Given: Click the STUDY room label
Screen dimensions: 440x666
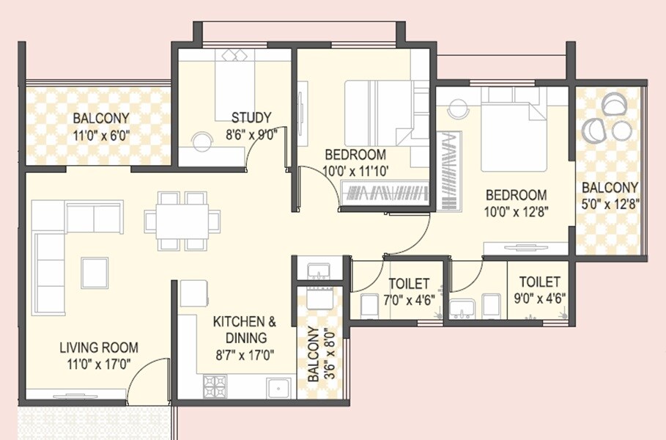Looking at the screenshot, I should tap(251, 117).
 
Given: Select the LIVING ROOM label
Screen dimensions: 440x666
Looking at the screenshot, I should tap(98, 348).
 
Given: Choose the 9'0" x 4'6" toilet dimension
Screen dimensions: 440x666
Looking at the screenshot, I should tap(539, 298).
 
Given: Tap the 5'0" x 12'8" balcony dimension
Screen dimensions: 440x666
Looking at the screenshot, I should tap(610, 205).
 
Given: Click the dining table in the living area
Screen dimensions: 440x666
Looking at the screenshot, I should tap(182, 220).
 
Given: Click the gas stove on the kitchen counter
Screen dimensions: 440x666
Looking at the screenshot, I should tap(215, 385).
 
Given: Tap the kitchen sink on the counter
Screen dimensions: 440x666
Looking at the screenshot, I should tap(278, 386).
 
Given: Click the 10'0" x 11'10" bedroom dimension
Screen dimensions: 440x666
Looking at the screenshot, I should tap(355, 172).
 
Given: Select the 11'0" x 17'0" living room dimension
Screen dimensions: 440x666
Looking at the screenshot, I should tap(98, 364).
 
